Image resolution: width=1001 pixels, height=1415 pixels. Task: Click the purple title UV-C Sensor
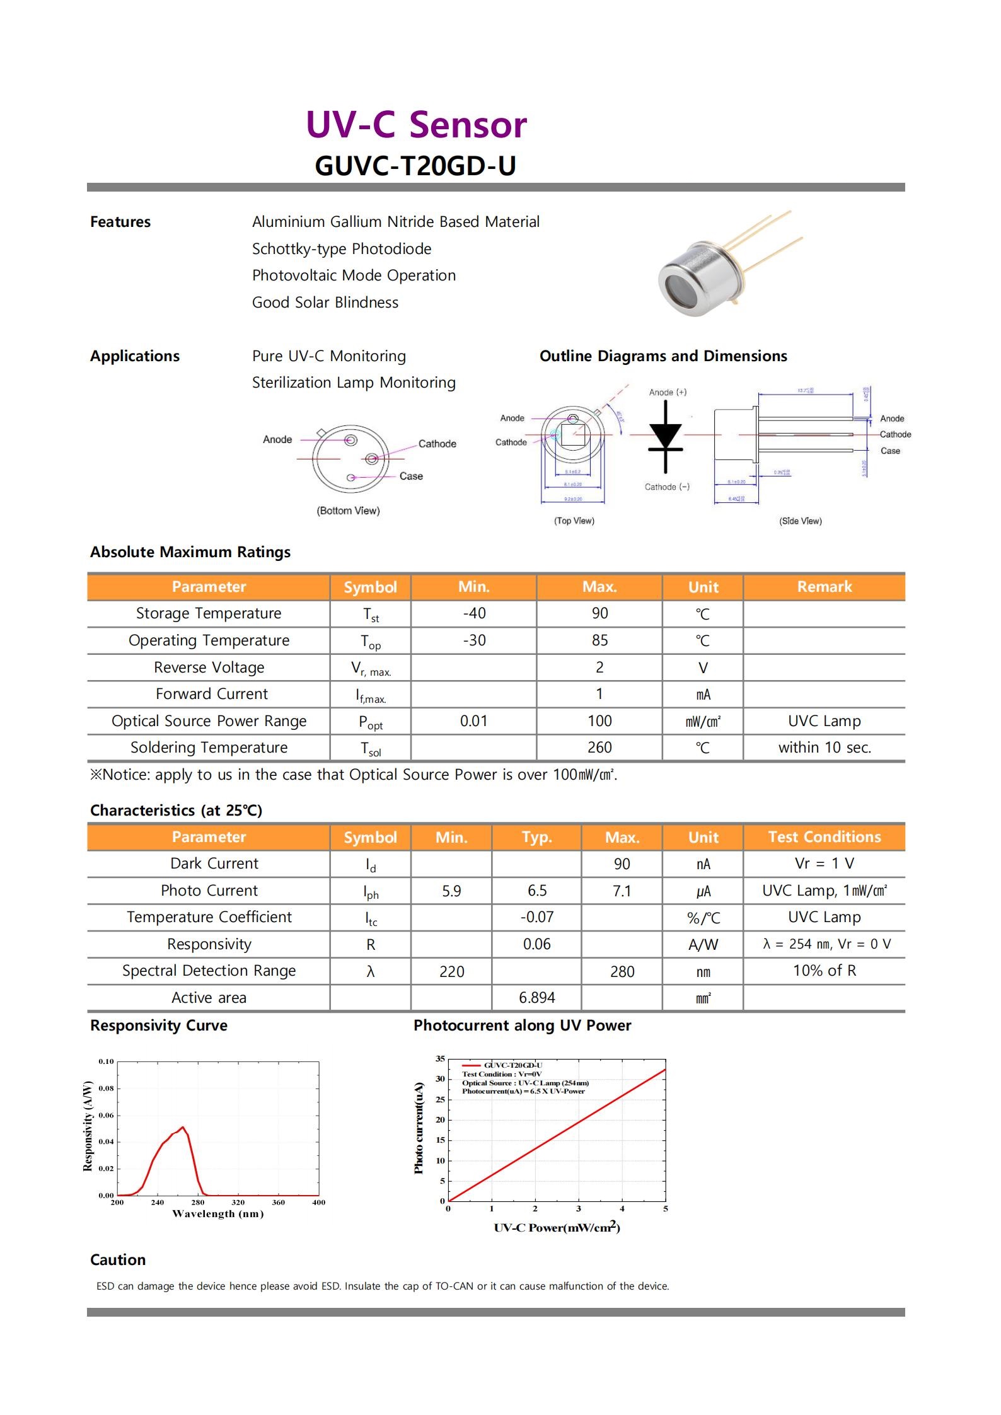[416, 125]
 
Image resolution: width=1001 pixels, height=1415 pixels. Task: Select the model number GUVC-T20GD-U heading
[415, 166]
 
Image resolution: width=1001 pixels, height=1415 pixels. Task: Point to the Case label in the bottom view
[411, 476]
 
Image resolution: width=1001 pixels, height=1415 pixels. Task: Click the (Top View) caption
[574, 521]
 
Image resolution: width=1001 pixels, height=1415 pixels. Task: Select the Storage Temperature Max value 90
[599, 613]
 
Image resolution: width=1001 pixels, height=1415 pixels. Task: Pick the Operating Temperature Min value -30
[474, 640]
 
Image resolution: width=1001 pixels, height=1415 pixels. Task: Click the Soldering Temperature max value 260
[599, 748]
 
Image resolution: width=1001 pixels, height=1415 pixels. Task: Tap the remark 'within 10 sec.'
[824, 748]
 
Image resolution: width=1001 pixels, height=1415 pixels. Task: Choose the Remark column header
[824, 587]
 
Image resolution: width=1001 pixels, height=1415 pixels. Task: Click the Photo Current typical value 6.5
[536, 891]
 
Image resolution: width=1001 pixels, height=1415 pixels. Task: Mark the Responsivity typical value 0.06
[536, 944]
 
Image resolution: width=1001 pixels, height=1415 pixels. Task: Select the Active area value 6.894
[536, 998]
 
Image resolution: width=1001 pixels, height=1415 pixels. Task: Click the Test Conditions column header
[824, 837]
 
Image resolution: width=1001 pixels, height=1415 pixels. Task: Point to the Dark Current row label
[214, 863]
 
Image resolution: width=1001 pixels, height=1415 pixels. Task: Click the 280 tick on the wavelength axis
[198, 1203]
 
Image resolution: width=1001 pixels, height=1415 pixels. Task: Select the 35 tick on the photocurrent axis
[440, 1059]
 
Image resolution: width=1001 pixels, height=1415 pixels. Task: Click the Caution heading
[118, 1259]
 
